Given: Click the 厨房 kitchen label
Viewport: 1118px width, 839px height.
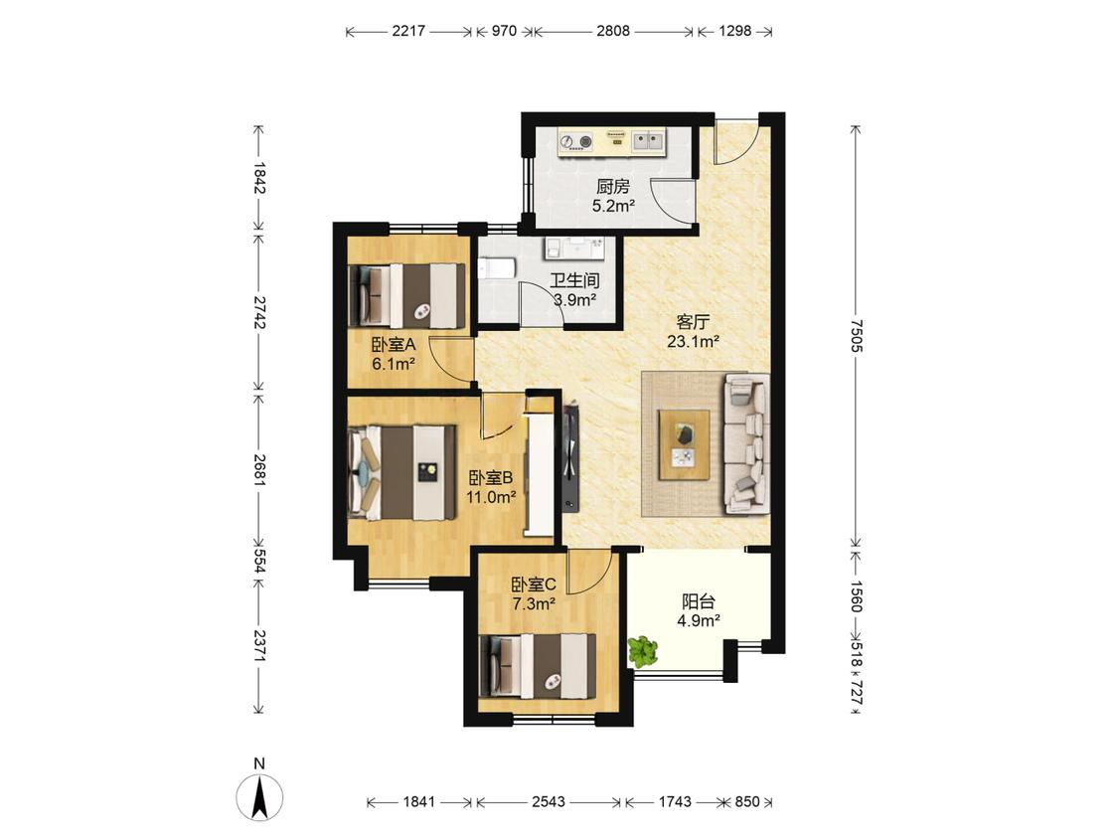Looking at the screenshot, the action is tap(613, 187).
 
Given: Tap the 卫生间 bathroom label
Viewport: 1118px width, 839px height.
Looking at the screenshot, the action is tap(574, 280).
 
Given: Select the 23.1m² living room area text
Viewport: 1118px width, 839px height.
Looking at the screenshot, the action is tap(693, 342).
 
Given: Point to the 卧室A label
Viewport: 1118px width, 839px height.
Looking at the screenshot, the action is tap(394, 345).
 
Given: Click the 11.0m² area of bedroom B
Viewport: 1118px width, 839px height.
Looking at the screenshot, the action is tap(491, 497).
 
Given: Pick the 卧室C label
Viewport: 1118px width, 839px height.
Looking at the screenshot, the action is tap(534, 586).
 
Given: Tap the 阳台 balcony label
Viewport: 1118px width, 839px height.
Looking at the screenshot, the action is tap(698, 601).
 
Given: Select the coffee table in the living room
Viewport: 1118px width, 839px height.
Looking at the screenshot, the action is tap(685, 444).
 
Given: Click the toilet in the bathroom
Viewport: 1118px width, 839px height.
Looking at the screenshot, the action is tap(496, 269).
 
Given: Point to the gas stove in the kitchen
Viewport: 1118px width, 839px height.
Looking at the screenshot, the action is tap(576, 142).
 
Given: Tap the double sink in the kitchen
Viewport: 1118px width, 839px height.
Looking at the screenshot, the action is tap(648, 140).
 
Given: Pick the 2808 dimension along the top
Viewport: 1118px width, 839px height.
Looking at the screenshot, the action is tap(613, 31).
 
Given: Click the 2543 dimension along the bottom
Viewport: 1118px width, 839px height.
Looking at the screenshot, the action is tap(549, 802).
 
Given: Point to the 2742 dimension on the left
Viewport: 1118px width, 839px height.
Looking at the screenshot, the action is tap(258, 312).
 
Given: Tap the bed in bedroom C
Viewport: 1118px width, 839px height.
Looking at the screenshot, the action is tap(539, 666).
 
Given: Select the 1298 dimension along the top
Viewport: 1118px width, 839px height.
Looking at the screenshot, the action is tap(735, 31).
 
